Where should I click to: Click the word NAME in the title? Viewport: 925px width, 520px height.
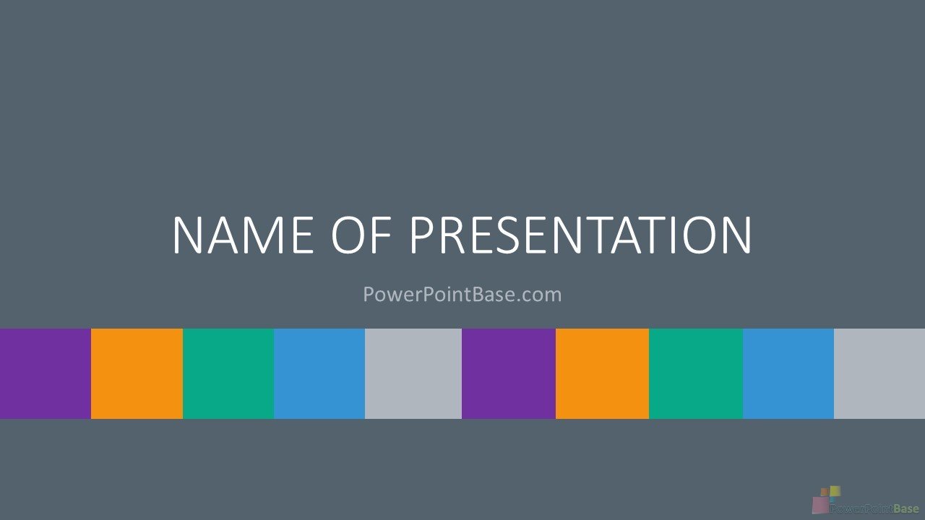click(x=244, y=235)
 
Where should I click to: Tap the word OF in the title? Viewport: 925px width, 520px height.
click(x=361, y=235)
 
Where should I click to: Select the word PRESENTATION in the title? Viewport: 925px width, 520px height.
click(x=580, y=235)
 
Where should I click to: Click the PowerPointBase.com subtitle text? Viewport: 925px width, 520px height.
click(x=462, y=294)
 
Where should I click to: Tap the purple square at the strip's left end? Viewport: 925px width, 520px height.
click(x=46, y=373)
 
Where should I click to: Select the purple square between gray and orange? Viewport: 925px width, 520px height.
click(x=509, y=373)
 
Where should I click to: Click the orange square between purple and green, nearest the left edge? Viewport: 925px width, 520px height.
click(x=137, y=373)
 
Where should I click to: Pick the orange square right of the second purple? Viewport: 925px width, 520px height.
click(x=603, y=373)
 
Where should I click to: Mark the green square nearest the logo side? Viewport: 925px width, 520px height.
click(x=696, y=373)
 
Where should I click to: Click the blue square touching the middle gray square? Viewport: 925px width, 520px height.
click(x=319, y=373)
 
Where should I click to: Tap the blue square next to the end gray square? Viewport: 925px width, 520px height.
click(x=788, y=373)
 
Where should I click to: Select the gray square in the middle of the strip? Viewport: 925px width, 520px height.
click(x=413, y=373)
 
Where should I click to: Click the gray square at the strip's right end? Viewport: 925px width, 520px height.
click(x=879, y=373)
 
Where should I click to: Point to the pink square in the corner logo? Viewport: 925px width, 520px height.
click(x=819, y=505)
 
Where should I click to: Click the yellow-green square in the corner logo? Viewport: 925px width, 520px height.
click(x=835, y=491)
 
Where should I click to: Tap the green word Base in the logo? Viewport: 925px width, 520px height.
click(x=906, y=508)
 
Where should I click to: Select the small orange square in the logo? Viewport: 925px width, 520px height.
click(x=825, y=492)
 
